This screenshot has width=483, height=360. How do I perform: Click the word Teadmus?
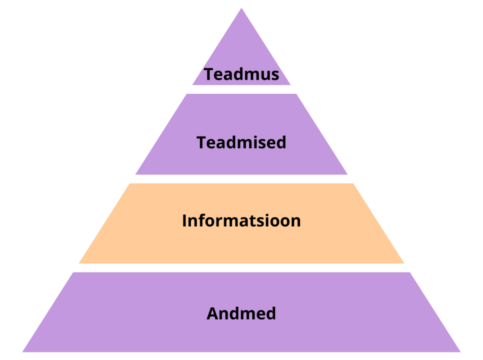[241, 74]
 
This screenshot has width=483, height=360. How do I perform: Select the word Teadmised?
[241, 142]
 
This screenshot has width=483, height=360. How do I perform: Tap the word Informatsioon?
[241, 221]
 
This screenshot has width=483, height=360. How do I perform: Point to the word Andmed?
[241, 313]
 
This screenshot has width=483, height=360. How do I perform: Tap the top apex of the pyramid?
[241, 8]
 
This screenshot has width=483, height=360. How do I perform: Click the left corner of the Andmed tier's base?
[23, 352]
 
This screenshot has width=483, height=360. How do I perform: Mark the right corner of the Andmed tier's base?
[460, 352]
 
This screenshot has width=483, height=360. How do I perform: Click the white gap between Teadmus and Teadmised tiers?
[241, 89]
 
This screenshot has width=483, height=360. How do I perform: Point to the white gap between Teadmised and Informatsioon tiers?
[241, 179]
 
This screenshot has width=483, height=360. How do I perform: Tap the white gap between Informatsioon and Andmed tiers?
[241, 268]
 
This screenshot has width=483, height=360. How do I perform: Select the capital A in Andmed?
[213, 313]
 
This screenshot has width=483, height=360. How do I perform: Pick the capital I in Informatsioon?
[184, 221]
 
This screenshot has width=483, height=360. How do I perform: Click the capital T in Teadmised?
[201, 143]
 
